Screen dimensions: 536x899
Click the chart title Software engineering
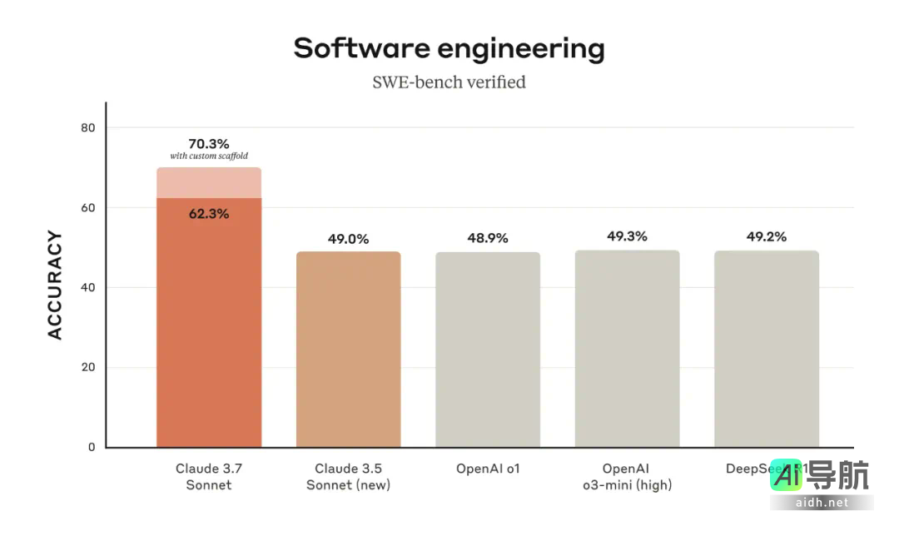coord(449,48)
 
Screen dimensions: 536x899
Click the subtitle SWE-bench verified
coord(449,82)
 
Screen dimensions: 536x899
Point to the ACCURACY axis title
coord(55,285)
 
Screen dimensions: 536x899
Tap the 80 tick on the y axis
coord(87,127)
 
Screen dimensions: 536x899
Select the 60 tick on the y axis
coord(87,207)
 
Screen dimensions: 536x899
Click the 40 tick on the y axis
coord(87,287)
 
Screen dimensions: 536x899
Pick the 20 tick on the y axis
coord(87,367)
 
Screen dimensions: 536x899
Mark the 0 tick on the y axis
coord(92,447)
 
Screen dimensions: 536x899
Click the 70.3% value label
coord(208,143)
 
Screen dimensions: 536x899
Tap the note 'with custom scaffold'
coord(208,156)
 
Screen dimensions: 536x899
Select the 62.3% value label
coord(208,214)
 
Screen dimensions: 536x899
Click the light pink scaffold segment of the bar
coord(209,183)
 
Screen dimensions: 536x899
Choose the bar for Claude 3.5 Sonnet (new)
coord(348,350)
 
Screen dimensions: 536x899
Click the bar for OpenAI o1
coord(488,350)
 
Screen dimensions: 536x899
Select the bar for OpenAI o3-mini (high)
coord(627,350)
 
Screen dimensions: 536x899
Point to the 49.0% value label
coord(348,239)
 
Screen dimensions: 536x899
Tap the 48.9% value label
coord(488,238)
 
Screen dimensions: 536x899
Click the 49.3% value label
coord(627,236)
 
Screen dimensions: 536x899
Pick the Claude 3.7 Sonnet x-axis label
coord(208,476)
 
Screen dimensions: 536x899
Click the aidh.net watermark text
coord(821,503)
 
